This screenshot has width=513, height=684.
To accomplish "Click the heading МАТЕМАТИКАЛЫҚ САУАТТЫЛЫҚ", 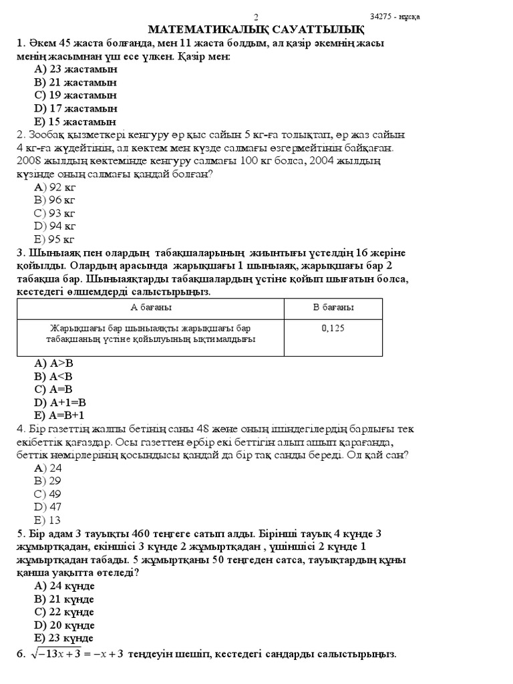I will [256, 29].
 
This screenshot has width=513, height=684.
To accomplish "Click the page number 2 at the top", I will [256, 17].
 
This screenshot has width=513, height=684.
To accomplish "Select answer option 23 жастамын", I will [75, 69].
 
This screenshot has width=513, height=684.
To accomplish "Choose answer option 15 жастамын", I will [75, 122].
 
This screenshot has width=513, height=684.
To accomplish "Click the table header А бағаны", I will [150, 307].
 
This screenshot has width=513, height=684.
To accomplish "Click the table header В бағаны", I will [333, 307].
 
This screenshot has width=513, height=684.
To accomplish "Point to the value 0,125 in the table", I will [333, 328].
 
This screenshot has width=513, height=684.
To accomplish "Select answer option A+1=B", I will [60, 403].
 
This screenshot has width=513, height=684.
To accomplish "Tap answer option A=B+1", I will [60, 415].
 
